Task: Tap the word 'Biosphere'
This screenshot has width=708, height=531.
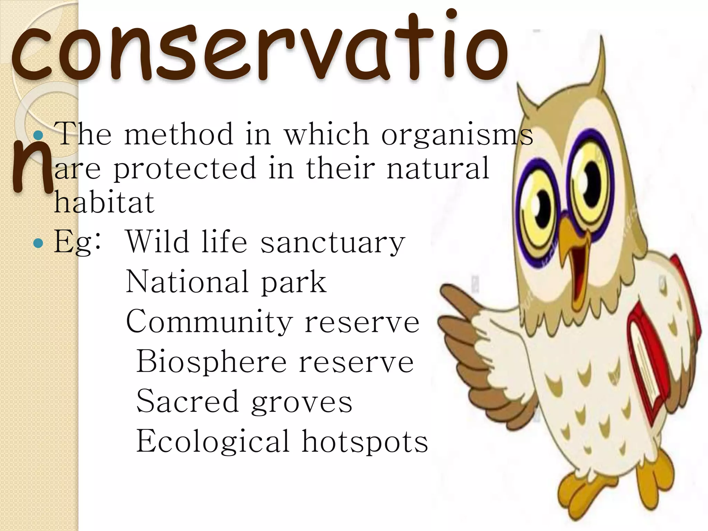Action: (211, 362)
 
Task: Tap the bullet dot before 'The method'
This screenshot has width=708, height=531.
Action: (39, 135)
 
